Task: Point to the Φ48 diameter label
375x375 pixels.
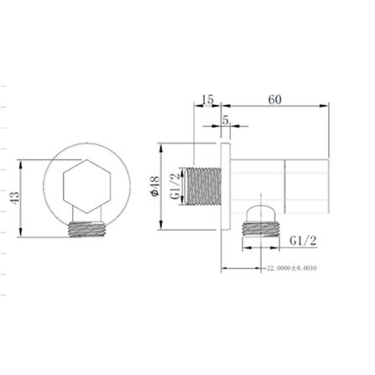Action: [x=154, y=190]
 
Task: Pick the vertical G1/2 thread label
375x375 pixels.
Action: [x=175, y=186]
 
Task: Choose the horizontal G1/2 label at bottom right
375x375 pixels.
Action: [x=303, y=241]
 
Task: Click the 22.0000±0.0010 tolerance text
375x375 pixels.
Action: [x=292, y=269]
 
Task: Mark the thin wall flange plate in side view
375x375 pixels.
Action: [x=224, y=189]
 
